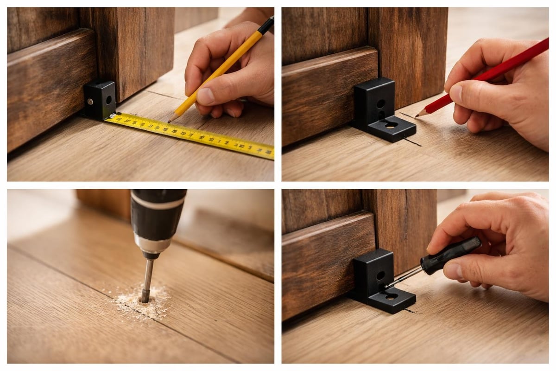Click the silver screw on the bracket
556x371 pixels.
pyautogui.click(x=90, y=102)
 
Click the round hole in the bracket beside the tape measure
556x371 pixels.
pyautogui.click(x=108, y=100)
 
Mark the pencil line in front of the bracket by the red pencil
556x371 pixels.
pyautogui.click(x=412, y=141)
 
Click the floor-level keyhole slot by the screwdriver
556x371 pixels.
pyautogui.click(x=391, y=295)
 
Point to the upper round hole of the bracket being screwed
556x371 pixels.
pyautogui.click(x=380, y=275)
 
